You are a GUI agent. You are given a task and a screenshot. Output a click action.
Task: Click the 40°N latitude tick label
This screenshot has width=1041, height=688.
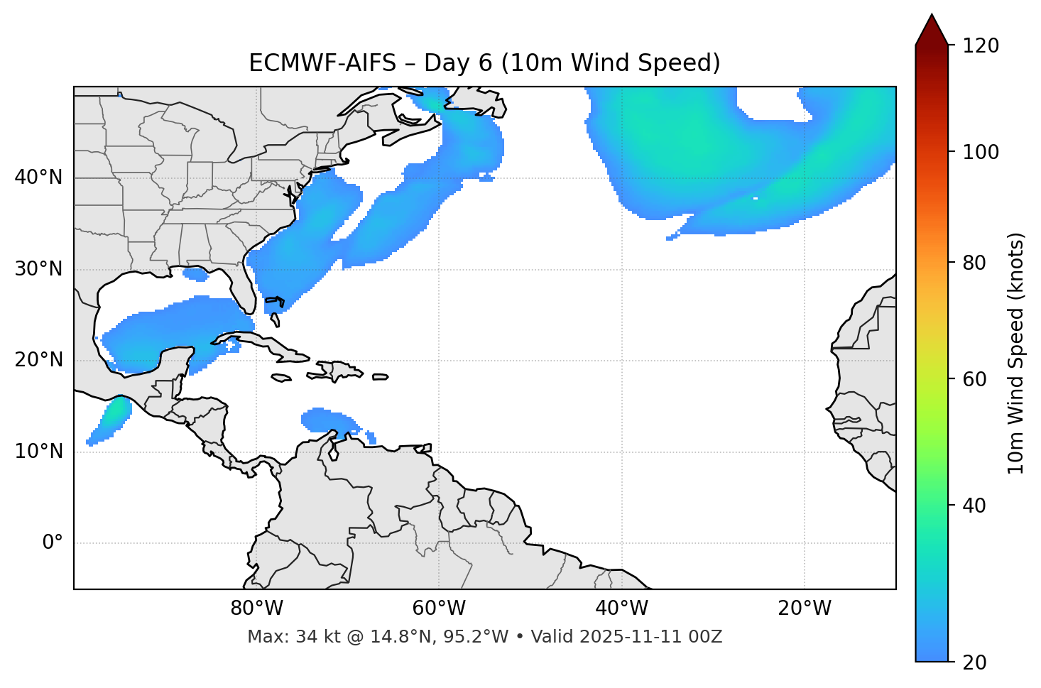point(38,178)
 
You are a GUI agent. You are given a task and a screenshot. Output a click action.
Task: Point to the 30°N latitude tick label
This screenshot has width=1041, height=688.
point(38,269)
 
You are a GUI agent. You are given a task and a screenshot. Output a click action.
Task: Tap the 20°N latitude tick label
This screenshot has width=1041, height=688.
point(38,360)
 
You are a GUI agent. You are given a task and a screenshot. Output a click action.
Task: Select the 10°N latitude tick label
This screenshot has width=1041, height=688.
point(38,452)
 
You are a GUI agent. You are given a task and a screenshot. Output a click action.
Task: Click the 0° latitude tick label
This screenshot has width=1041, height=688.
point(53,543)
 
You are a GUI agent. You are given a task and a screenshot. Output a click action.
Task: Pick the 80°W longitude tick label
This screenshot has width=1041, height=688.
point(256,608)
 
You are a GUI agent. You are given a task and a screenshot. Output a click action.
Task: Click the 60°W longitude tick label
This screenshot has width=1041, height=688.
point(439,608)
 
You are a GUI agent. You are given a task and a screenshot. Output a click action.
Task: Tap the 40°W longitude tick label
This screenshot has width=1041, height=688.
point(621,608)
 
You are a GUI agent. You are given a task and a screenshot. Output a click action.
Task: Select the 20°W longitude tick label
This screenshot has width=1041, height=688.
point(804,608)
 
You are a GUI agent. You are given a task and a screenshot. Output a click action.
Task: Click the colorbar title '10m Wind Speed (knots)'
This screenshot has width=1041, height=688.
point(1016,353)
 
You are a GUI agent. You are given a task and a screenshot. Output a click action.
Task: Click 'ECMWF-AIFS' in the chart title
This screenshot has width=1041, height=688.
point(322,63)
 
